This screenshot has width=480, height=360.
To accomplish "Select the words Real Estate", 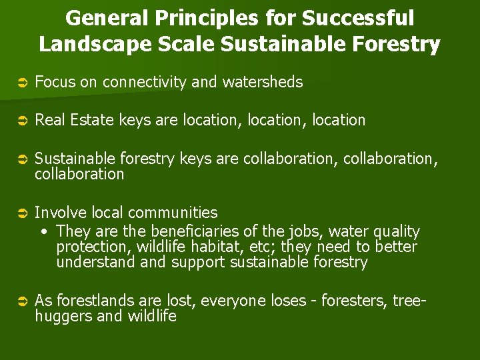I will pyautogui.click(x=75, y=120).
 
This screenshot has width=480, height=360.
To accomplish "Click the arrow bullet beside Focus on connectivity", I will pyautogui.click(x=21, y=83).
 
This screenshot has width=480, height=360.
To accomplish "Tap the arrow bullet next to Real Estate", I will pyautogui.click(x=21, y=121).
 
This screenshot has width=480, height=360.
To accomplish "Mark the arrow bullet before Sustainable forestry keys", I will pyautogui.click(x=21, y=159).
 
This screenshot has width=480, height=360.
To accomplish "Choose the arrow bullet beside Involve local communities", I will pyautogui.click(x=21, y=213).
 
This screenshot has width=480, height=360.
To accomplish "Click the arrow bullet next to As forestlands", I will pyautogui.click(x=21, y=301).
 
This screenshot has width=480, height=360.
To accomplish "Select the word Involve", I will pyautogui.click(x=57, y=213).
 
